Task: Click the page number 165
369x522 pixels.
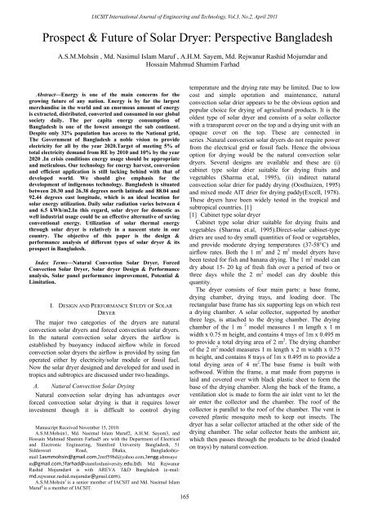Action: (x=184, y=515)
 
